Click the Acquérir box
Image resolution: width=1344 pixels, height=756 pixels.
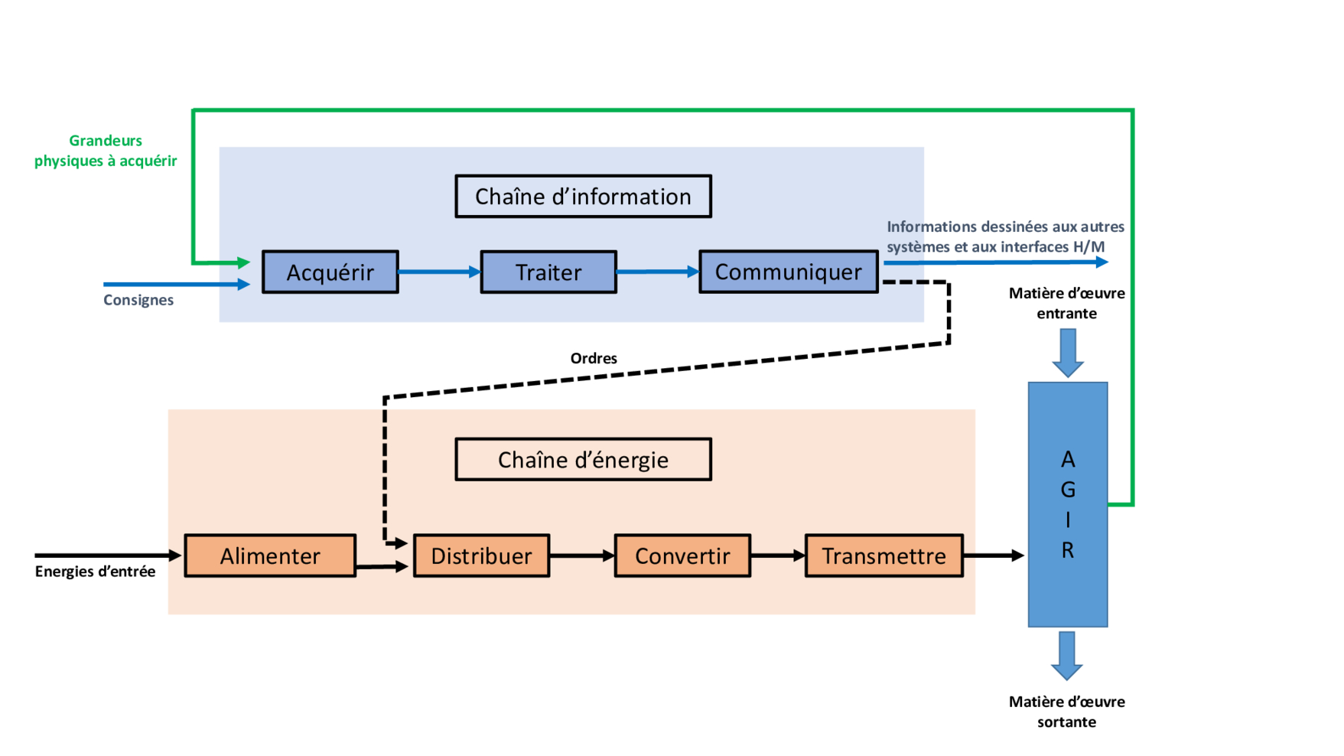coord(330,272)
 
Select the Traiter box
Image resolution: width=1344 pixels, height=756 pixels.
coord(548,272)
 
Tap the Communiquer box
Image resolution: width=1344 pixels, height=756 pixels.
coord(788,272)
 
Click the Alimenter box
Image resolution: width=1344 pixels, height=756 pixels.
coord(270,556)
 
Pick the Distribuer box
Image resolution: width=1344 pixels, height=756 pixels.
coord(481,556)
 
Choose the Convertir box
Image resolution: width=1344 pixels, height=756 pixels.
coord(682,556)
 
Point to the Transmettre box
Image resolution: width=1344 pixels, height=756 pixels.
coord(884,556)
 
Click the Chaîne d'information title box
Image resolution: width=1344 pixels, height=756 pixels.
coord(583,197)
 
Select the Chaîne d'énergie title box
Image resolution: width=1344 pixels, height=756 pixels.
coord(583,459)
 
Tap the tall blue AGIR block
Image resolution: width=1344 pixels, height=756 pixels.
coord(1067,504)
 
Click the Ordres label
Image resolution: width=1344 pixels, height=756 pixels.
coord(594,358)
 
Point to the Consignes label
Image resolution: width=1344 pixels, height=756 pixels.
coord(138,300)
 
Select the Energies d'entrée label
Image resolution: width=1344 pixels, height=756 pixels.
coord(95,572)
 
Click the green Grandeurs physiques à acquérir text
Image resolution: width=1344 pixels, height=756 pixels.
coord(106,151)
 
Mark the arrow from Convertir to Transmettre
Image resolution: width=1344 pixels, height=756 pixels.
coord(777,556)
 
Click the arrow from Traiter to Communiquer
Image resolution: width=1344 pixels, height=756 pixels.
coord(657,272)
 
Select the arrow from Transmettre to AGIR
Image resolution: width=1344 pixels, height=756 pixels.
coord(993,556)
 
